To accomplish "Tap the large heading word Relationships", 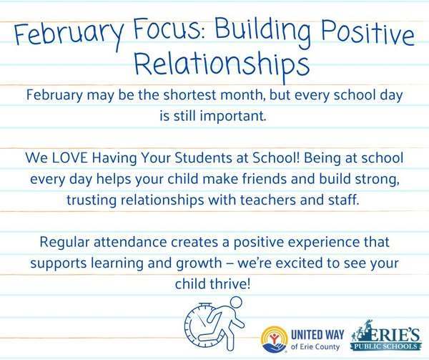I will coord(214,67).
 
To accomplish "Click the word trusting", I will coord(110,195).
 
